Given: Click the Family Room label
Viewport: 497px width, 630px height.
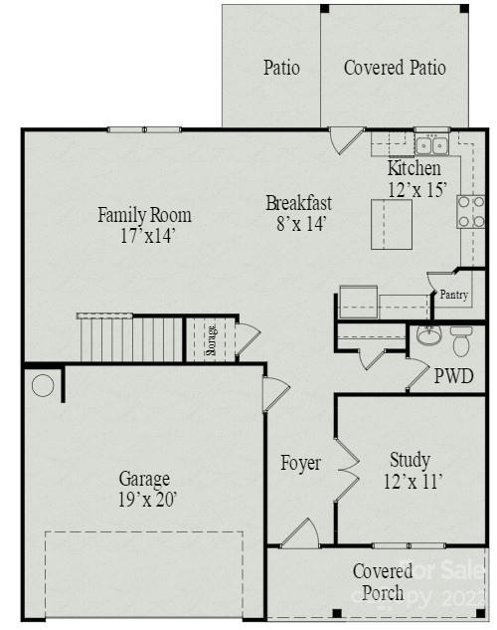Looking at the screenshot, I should (144, 225).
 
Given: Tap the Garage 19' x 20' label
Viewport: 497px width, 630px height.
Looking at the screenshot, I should (145, 489).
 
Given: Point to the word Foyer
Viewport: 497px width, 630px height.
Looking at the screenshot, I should (300, 463).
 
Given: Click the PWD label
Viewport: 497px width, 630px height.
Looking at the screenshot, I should (453, 377).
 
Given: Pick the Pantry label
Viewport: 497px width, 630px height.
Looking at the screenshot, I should (453, 296).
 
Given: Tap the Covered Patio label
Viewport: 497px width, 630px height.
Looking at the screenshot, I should (395, 68).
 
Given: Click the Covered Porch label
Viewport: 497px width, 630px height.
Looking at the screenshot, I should (383, 582).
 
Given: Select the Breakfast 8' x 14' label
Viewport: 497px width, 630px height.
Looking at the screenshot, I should (298, 214).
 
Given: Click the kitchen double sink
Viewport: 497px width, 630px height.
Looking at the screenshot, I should (432, 145).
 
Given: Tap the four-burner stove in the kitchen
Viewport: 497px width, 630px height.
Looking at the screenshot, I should (470, 211).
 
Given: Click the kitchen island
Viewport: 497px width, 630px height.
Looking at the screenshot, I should (393, 223).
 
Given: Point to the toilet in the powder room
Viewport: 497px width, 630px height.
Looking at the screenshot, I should (461, 340).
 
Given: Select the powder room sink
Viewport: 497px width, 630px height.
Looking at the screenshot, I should (428, 336).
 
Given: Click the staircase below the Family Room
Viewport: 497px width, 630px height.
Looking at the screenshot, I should (129, 338).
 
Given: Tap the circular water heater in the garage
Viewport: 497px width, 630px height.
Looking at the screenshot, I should (43, 385).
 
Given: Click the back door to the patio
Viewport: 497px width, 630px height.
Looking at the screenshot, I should (343, 139).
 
